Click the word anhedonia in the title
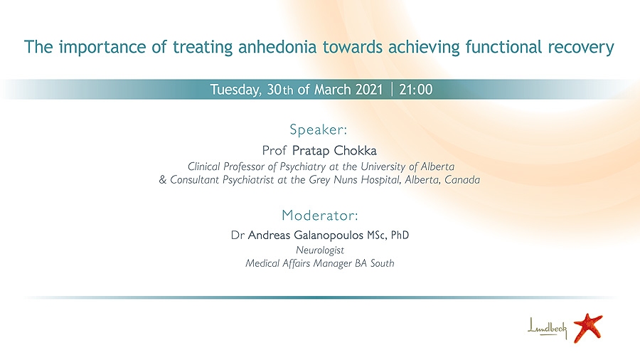tap(277, 47)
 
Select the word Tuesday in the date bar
tap(236, 90)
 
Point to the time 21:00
tap(415, 90)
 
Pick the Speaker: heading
tap(318, 129)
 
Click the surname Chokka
tap(355, 151)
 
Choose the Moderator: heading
tap(320, 215)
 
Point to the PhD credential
tap(400, 235)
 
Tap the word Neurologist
tap(320, 250)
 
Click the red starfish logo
tap(588, 327)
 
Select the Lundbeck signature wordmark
tap(548, 327)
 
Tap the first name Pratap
tap(311, 151)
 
